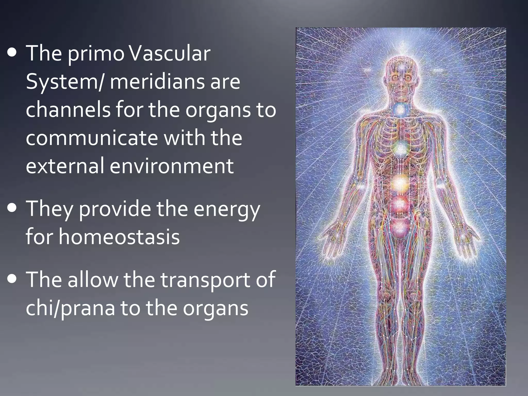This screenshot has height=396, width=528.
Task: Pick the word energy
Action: (x=226, y=209)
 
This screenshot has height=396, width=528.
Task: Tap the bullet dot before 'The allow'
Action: (x=13, y=279)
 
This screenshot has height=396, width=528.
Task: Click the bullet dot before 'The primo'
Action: (x=13, y=53)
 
